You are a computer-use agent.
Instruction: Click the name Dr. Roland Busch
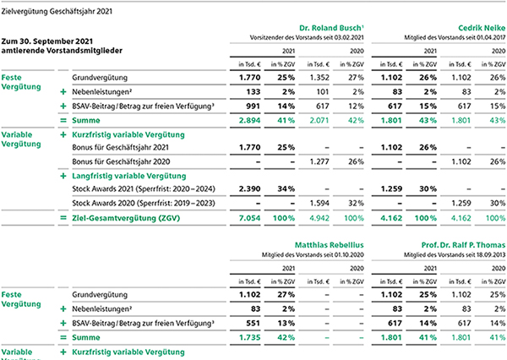click(330, 28)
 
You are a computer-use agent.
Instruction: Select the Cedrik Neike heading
click(482, 28)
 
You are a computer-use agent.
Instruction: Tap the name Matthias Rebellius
click(330, 245)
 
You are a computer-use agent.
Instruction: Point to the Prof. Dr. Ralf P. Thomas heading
click(463, 245)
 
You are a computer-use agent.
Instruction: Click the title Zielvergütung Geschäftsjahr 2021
click(57, 12)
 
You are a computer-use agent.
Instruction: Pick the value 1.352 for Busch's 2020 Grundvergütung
click(319, 78)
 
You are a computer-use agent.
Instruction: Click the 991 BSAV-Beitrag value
click(253, 106)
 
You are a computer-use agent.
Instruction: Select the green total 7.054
click(249, 218)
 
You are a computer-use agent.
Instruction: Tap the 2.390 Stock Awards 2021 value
click(249, 189)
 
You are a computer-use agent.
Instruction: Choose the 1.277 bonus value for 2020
click(319, 161)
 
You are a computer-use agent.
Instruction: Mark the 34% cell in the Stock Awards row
click(286, 189)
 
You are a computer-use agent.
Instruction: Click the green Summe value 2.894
click(249, 120)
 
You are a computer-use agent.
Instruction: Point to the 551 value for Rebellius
click(253, 323)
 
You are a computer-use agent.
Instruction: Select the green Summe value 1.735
click(249, 337)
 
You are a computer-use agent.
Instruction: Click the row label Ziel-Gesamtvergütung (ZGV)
click(126, 218)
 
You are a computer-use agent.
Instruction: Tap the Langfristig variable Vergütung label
click(129, 176)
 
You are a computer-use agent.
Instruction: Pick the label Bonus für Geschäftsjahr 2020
click(121, 161)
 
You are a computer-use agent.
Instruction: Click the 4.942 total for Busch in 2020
click(319, 218)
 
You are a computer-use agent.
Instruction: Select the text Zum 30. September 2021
click(47, 41)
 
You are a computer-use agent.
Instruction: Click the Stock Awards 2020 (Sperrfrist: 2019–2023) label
click(144, 203)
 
